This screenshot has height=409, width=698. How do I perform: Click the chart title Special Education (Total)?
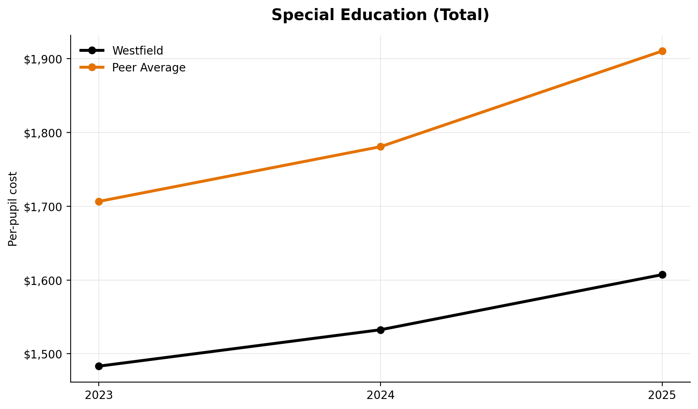pyautogui.click(x=380, y=15)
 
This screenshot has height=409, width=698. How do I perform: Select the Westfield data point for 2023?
pyautogui.click(x=99, y=366)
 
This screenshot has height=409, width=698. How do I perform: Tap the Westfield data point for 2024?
pyautogui.click(x=381, y=330)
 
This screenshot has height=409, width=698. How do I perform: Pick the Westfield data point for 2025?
pyautogui.click(x=662, y=275)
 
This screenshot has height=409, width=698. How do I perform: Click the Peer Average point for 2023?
pyautogui.click(x=99, y=201)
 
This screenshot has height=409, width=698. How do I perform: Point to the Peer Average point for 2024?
pyautogui.click(x=381, y=147)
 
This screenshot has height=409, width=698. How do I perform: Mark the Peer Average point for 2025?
pyautogui.click(x=662, y=51)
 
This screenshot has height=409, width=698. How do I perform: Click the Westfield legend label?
pyautogui.click(x=138, y=51)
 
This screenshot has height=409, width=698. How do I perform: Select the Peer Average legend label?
pyautogui.click(x=149, y=68)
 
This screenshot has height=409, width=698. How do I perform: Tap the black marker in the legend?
pyautogui.click(x=92, y=51)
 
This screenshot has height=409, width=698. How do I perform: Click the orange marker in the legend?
pyautogui.click(x=92, y=67)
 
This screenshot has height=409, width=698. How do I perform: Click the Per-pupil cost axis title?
pyautogui.click(x=13, y=209)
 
